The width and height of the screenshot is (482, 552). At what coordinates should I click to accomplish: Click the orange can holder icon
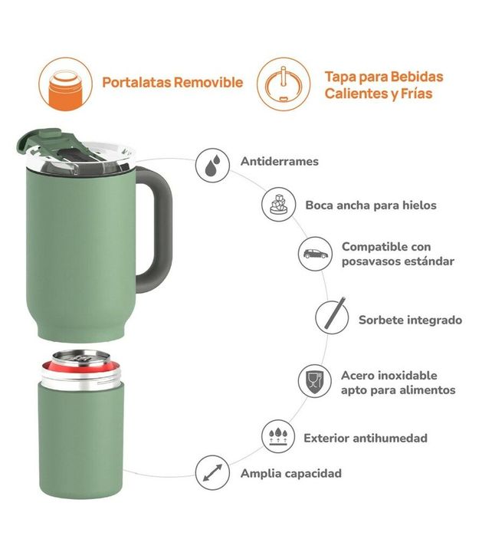click(65, 84)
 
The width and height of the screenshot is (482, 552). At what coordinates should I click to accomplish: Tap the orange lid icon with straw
click(284, 84)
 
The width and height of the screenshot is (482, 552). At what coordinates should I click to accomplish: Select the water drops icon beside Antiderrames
click(212, 165)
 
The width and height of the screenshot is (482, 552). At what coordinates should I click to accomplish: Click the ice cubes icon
click(278, 205)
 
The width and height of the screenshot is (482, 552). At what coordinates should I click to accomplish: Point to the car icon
click(315, 254)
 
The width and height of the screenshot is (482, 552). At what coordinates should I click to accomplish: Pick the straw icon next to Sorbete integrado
click(332, 317)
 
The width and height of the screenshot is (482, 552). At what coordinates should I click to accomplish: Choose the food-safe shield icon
click(315, 381)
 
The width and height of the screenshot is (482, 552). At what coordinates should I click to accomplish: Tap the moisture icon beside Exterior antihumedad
click(278, 436)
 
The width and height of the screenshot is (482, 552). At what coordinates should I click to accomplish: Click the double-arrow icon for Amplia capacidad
click(212, 473)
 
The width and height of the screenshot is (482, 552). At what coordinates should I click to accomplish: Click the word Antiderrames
click(280, 161)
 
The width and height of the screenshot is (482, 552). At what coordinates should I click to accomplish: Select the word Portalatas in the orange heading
click(137, 82)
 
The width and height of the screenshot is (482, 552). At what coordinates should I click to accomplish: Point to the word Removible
click(208, 82)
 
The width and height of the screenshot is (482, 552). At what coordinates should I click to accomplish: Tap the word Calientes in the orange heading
click(354, 94)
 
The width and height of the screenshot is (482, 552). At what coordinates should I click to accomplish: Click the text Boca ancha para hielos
click(371, 205)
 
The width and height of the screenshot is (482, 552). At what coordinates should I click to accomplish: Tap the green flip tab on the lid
click(39, 140)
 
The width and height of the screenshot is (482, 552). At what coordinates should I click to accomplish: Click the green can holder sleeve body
click(81, 440)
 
